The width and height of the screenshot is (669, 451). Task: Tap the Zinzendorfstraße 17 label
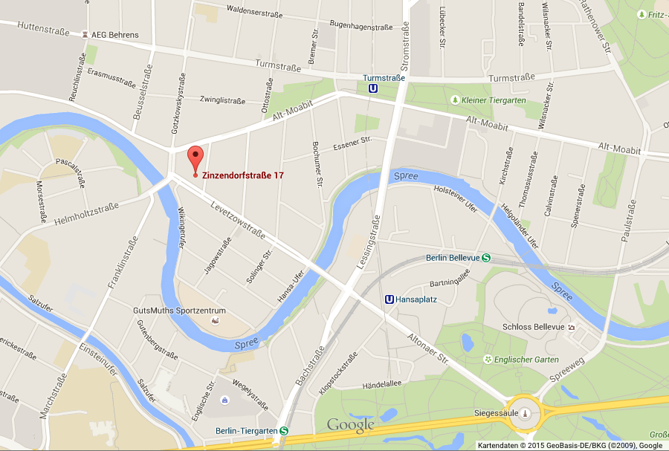point(243,175)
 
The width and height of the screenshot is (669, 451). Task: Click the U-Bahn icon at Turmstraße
point(372,88)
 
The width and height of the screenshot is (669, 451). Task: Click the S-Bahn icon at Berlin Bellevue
point(485,258)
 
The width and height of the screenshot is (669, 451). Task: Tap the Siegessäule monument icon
point(526,413)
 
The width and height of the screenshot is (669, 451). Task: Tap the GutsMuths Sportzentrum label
point(178,310)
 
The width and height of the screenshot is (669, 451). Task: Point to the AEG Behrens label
point(116,34)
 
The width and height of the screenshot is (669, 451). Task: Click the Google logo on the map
point(351,425)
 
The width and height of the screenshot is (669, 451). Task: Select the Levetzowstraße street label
point(238,220)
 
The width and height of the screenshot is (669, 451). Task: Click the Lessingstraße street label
point(369,241)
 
